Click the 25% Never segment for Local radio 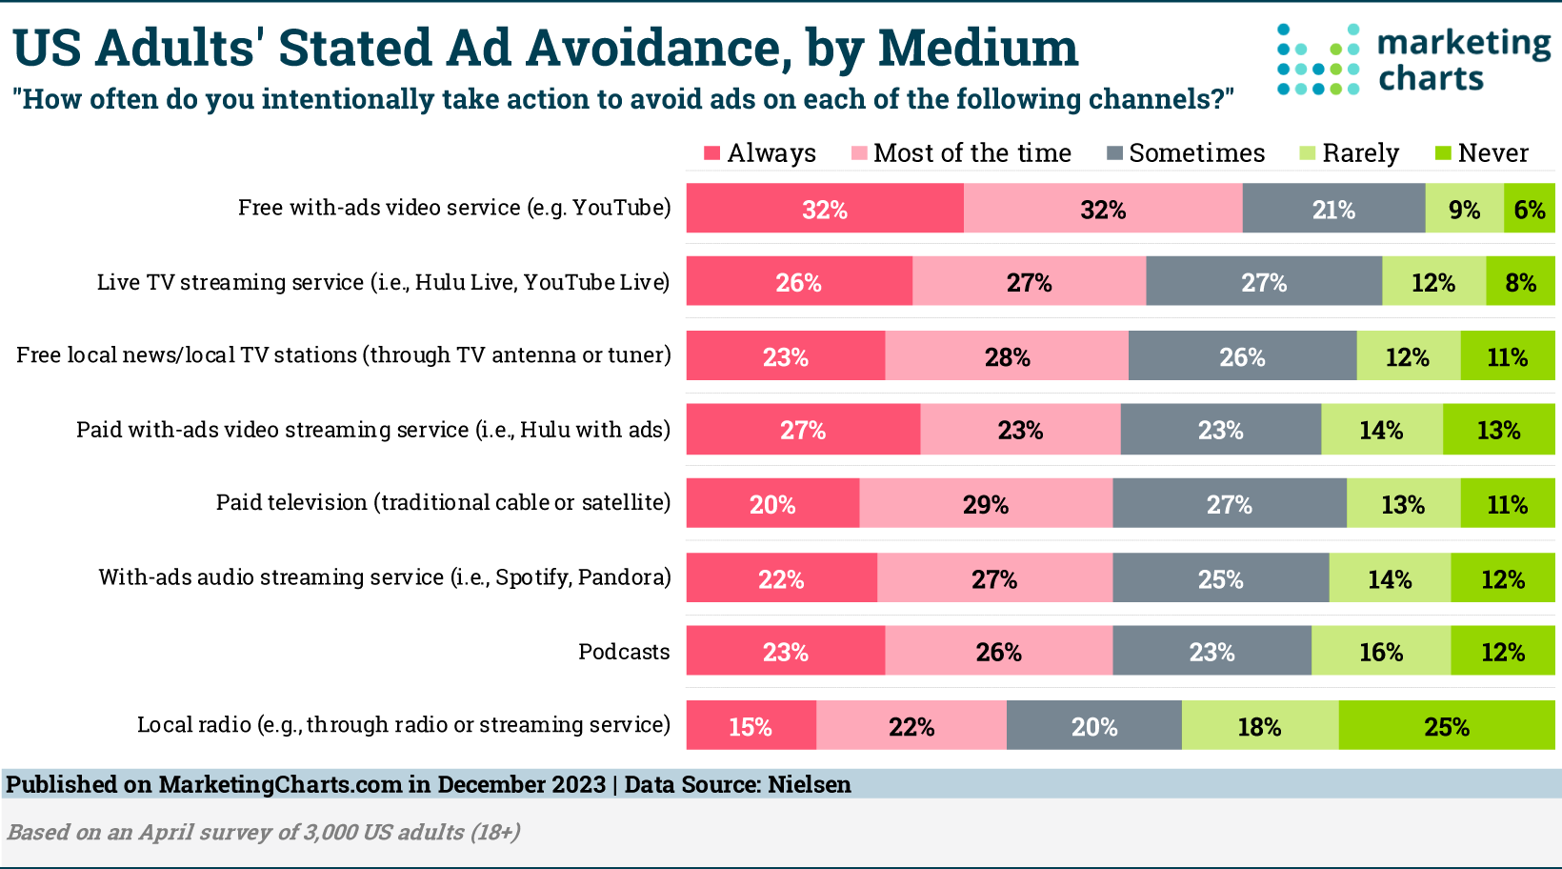(x=1446, y=726)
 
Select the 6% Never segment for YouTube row (x=1529, y=209)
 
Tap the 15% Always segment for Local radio (x=751, y=726)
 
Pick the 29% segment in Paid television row (x=985, y=503)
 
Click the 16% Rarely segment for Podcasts (x=1380, y=652)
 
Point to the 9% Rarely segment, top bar (x=1464, y=209)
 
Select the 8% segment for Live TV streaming (x=1520, y=282)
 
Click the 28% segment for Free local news (x=1007, y=356)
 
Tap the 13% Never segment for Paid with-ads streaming (x=1498, y=430)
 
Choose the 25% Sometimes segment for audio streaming (x=1220, y=578)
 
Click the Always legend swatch (x=711, y=153)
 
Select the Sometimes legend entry (x=1186, y=153)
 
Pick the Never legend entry (x=1481, y=153)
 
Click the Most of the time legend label (x=971, y=153)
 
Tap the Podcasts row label (x=624, y=652)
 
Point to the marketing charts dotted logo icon (x=1318, y=60)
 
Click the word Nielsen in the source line (x=810, y=784)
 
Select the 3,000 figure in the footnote (x=330, y=832)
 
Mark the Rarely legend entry (x=1349, y=153)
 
